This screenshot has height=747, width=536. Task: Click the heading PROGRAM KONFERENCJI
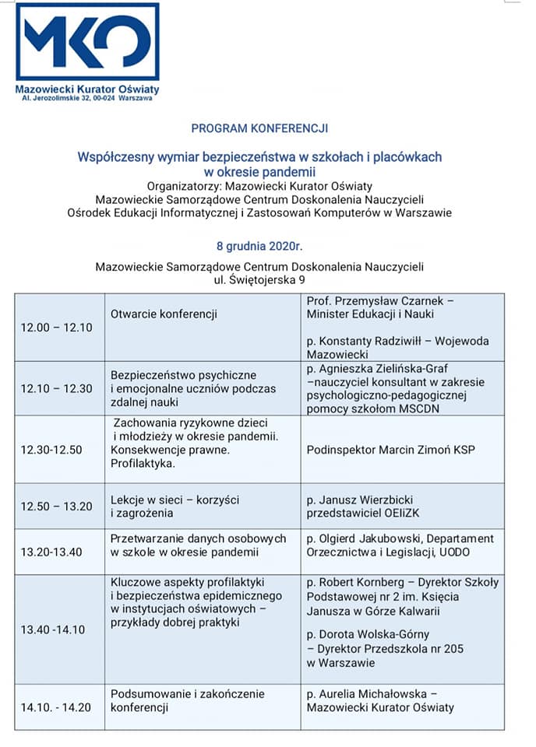pos(259,128)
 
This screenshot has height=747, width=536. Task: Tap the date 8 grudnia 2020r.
pos(259,247)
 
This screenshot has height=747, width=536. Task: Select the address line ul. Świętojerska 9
pos(259,280)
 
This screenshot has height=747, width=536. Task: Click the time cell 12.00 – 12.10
pos(56,327)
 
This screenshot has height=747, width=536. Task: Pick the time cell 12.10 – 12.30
pos(56,388)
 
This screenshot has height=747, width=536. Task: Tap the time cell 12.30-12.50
pos(52,450)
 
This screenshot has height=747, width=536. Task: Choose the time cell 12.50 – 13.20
pos(56,507)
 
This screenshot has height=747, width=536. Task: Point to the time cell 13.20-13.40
pos(52,552)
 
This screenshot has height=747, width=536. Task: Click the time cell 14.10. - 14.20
pos(56,707)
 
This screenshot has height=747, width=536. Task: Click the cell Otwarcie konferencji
pos(164,314)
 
